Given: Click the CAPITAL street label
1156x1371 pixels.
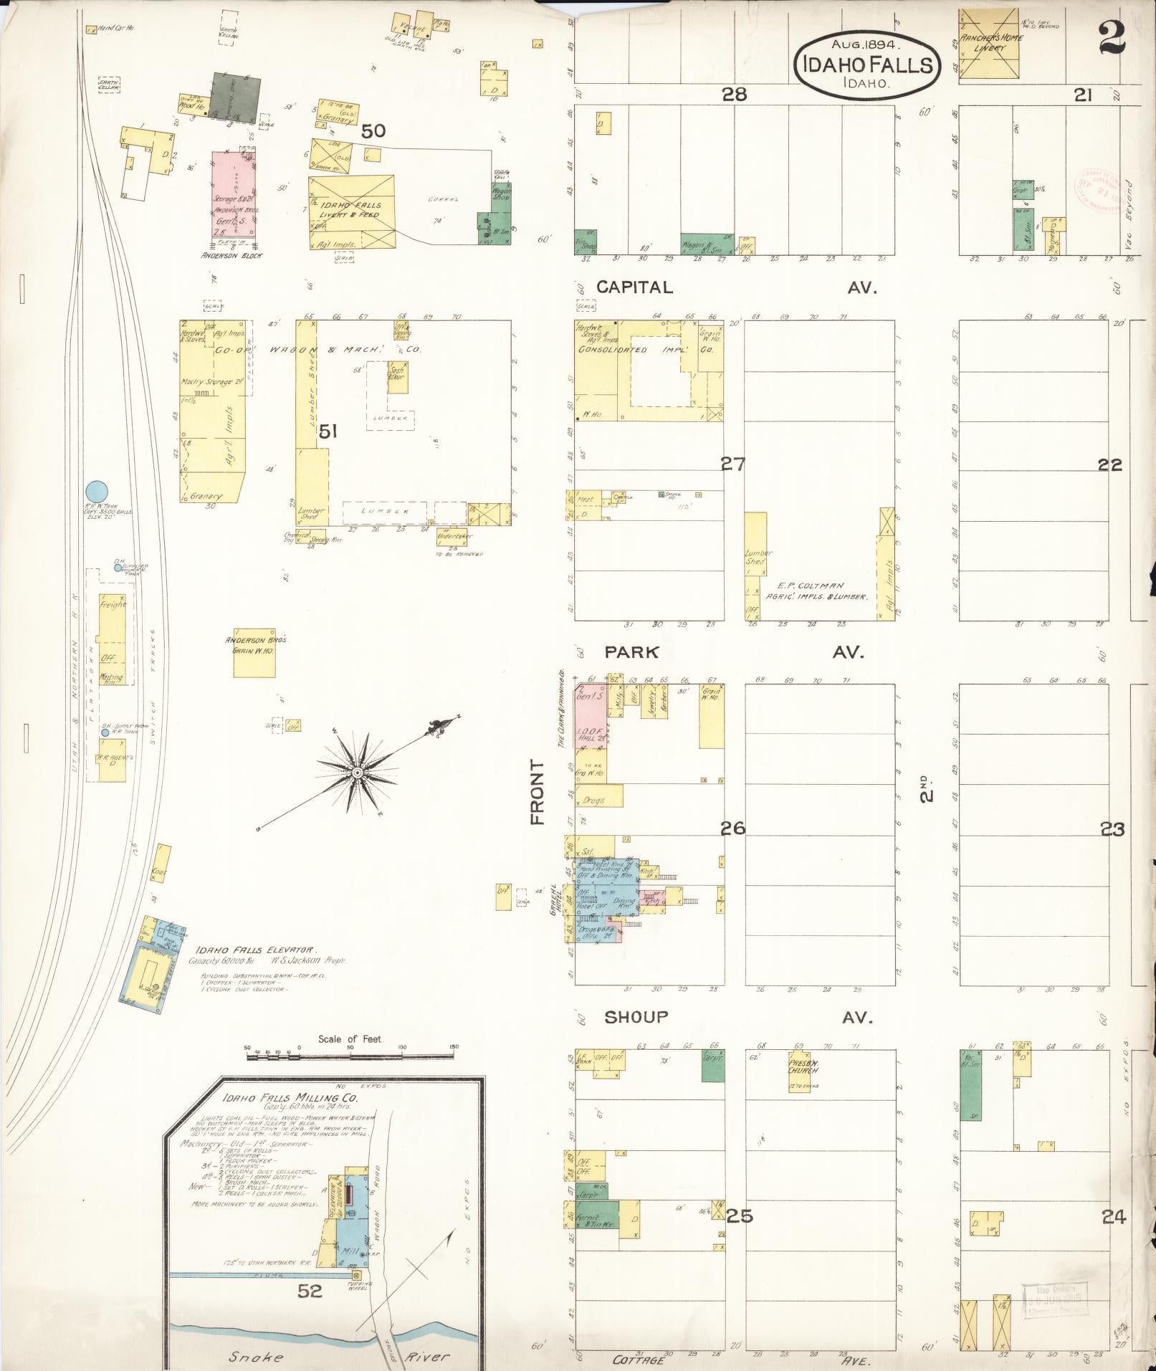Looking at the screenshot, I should click(x=635, y=287).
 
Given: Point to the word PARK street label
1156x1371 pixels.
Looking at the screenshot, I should click(x=631, y=652).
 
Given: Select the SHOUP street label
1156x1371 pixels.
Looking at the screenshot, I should click(x=636, y=1017).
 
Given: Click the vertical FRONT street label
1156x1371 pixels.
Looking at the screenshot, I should click(x=538, y=792).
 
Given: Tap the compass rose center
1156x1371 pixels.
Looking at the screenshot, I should click(x=356, y=772).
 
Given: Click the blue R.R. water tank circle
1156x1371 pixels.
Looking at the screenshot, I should click(x=97, y=492).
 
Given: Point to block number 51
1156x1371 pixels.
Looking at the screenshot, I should click(x=329, y=431).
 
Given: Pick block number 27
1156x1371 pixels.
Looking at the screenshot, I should click(x=732, y=464).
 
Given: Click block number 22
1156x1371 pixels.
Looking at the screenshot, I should click(x=1110, y=464).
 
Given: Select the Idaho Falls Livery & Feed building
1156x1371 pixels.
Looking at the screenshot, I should click(x=351, y=212).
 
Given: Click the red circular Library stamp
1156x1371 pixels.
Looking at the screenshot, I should click(x=1094, y=189).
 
